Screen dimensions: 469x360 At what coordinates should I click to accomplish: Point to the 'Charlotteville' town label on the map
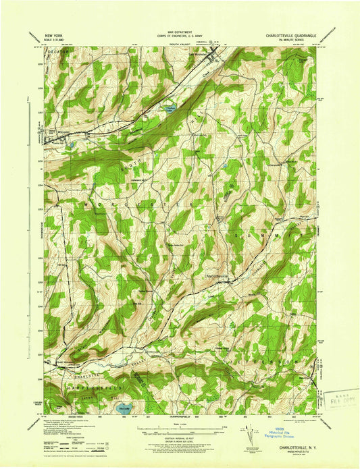point(216,275)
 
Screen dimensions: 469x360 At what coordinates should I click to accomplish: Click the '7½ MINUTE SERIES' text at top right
point(292,37)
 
